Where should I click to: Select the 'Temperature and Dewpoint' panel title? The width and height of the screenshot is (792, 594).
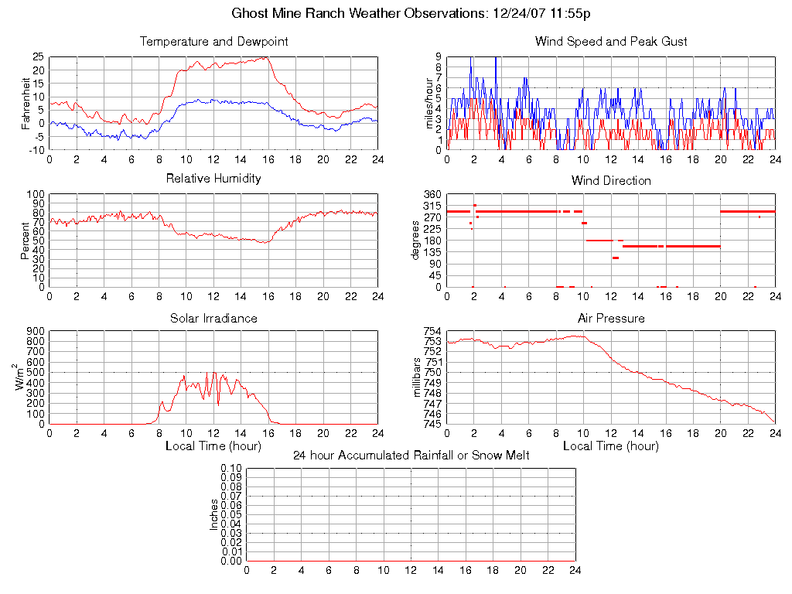click(213, 41)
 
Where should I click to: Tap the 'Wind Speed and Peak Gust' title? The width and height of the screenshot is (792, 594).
click(611, 41)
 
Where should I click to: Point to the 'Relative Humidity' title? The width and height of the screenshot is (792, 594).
click(213, 179)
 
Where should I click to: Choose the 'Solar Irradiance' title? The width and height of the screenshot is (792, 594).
click(213, 318)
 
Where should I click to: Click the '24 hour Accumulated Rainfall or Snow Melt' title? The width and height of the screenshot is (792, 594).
click(411, 455)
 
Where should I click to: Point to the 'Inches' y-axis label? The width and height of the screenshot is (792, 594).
click(214, 514)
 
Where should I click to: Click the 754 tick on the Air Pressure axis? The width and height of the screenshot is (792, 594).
click(432, 332)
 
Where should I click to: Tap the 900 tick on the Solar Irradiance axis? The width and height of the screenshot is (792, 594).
click(35, 332)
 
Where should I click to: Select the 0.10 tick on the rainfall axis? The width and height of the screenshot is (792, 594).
click(231, 469)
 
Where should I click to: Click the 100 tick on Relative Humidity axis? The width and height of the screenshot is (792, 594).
click(35, 194)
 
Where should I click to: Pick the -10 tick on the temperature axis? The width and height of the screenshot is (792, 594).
click(35, 150)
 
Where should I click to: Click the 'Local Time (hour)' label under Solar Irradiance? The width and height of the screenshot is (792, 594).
click(213, 446)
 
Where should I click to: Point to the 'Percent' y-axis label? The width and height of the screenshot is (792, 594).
click(26, 241)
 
